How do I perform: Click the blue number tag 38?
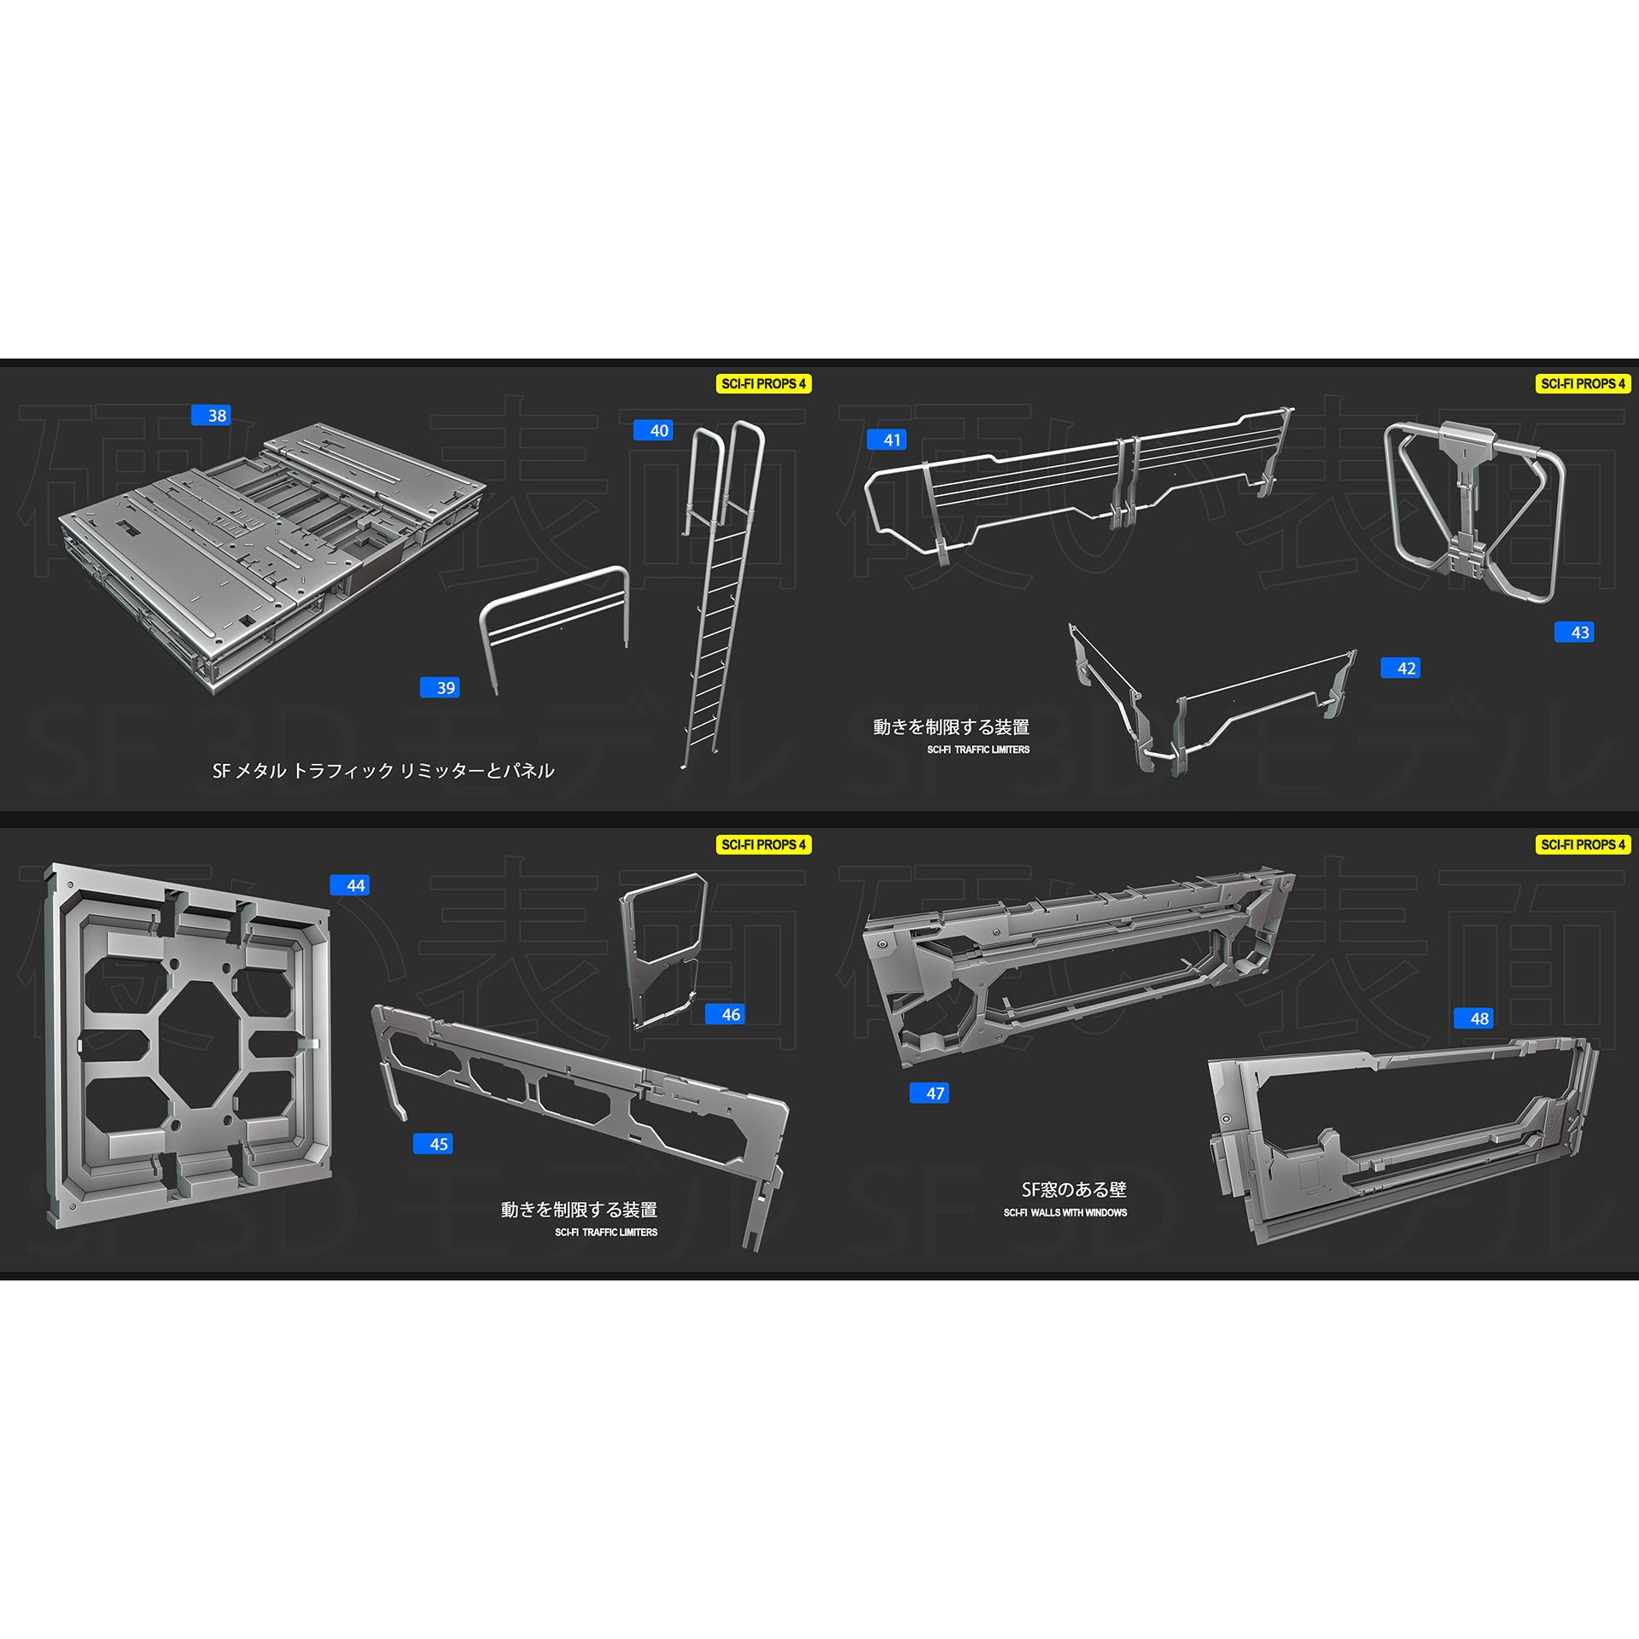(210, 416)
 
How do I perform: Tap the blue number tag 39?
(440, 687)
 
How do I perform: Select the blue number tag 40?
(653, 430)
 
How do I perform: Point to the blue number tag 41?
(886, 440)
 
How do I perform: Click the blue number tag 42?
(1400, 668)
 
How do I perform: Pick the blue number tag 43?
(1574, 632)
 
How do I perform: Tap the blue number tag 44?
(350, 885)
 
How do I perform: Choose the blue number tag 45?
(433, 1144)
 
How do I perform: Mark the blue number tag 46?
(725, 1014)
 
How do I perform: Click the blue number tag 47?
(930, 1093)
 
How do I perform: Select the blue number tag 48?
(1473, 1018)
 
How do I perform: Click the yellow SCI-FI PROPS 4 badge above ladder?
(763, 384)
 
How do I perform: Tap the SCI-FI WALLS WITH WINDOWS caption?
(1064, 1212)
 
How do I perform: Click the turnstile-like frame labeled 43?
(1474, 512)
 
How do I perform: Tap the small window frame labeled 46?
(662, 948)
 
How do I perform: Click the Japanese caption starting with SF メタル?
(383, 771)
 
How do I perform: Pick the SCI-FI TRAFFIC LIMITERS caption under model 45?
(606, 1233)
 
